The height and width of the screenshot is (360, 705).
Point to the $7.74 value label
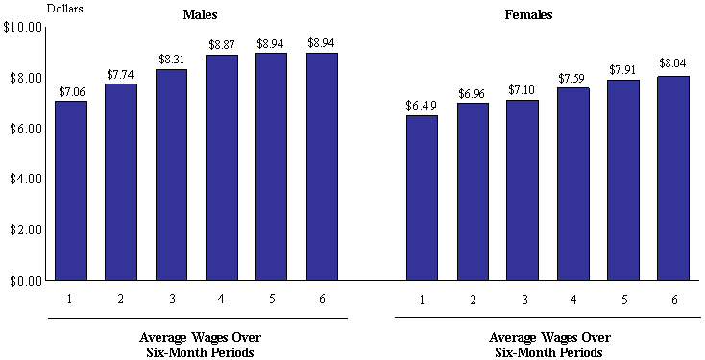(x=121, y=74)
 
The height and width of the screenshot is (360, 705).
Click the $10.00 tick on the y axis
(x=21, y=27)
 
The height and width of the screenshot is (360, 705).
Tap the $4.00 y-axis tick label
(x=23, y=180)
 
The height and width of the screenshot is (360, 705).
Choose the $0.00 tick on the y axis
(x=23, y=281)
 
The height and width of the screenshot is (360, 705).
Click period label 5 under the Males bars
(x=271, y=300)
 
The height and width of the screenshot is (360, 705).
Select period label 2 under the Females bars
(x=472, y=300)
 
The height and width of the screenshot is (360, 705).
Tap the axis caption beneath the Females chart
(x=548, y=345)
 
